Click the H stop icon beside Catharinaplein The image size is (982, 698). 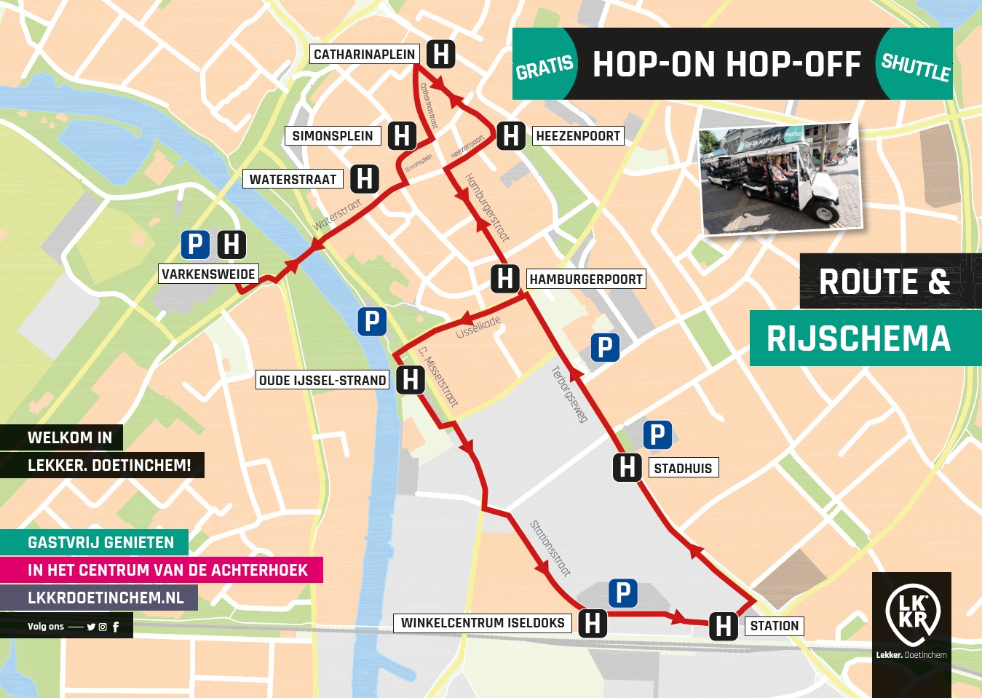click(x=440, y=54)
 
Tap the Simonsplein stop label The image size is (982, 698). click(x=332, y=136)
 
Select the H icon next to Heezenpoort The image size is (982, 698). click(x=511, y=136)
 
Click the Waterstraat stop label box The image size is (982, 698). click(x=293, y=180)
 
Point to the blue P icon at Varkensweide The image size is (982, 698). click(x=195, y=245)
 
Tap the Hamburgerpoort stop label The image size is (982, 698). click(x=585, y=279)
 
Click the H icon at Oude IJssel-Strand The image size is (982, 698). click(x=411, y=380)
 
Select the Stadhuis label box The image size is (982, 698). click(x=683, y=468)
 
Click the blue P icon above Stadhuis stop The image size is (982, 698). click(x=657, y=435)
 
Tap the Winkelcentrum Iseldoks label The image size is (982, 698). click(x=483, y=623)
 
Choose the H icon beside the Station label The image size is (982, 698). click(x=724, y=626)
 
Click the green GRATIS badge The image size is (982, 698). click(x=545, y=66)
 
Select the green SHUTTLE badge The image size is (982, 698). click(x=915, y=66)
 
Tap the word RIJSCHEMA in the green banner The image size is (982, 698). click(x=858, y=339)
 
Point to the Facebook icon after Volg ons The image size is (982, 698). click(x=116, y=627)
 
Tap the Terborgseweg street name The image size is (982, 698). click(x=569, y=394)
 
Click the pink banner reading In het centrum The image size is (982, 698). click(x=167, y=570)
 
